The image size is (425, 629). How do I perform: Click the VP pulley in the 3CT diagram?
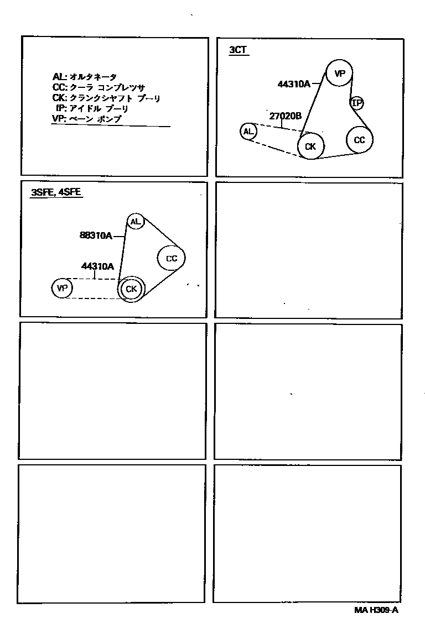click(339, 73)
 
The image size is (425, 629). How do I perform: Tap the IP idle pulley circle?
click(357, 103)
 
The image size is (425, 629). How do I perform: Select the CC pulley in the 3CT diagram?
click(360, 140)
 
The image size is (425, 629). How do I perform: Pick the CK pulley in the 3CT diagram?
click(310, 146)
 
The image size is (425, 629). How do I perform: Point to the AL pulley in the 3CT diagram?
click(248, 132)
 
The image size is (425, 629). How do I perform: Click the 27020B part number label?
click(286, 116)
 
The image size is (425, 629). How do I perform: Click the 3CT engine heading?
click(238, 50)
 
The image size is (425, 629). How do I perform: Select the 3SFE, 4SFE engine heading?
click(56, 193)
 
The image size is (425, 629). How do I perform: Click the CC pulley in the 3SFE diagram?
click(171, 258)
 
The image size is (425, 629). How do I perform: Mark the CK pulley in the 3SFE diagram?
click(131, 289)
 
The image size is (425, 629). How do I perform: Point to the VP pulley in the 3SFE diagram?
click(62, 288)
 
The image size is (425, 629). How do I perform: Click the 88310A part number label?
click(96, 235)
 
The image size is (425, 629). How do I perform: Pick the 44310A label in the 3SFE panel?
click(97, 266)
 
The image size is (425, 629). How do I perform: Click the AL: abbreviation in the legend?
click(59, 77)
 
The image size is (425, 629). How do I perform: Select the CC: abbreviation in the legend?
click(59, 87)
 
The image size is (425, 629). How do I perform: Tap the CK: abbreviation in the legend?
click(59, 98)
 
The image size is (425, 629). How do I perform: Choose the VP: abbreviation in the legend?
click(58, 119)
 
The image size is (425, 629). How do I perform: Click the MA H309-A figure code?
click(376, 610)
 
